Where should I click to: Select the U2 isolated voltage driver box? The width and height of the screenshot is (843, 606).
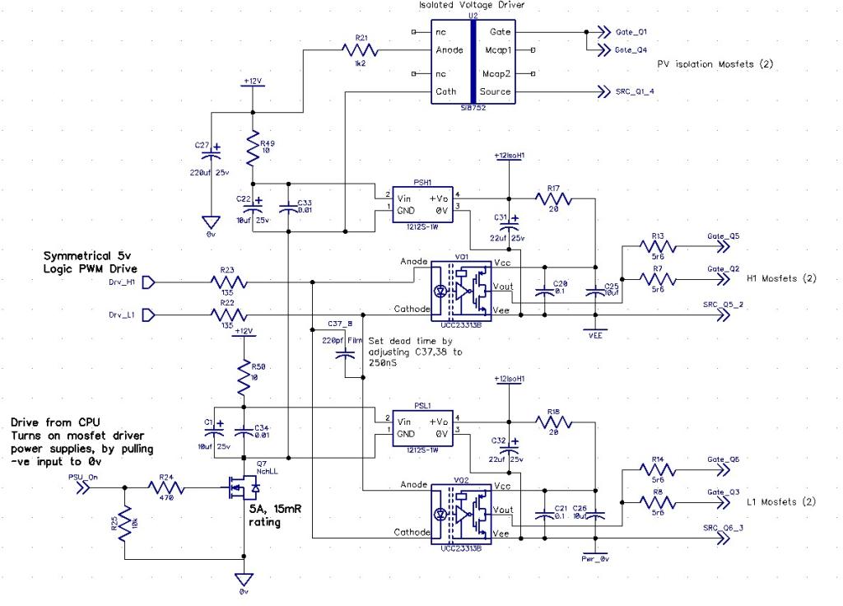473,62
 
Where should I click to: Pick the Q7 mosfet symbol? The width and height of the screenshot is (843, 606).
244,487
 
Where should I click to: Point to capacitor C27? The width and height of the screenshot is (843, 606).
217,154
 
